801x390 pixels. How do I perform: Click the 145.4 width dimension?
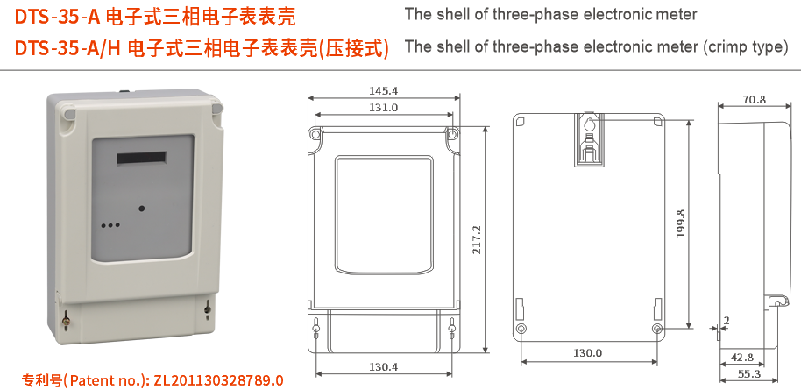[x=383, y=90]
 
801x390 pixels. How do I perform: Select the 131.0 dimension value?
[x=383, y=107]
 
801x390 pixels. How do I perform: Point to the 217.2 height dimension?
[x=477, y=240]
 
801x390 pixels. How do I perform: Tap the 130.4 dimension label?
[x=383, y=365]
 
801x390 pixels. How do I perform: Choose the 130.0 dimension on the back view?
[x=588, y=353]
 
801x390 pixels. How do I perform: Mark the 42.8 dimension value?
[x=741, y=357]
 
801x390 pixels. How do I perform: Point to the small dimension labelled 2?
[x=727, y=322]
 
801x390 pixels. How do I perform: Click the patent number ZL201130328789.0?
[x=218, y=380]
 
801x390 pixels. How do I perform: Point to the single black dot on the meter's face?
[x=141, y=209]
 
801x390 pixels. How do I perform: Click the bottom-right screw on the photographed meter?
[x=207, y=308]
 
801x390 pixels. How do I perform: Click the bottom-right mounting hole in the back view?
[x=657, y=329]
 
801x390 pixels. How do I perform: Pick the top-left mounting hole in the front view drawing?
[x=315, y=134]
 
